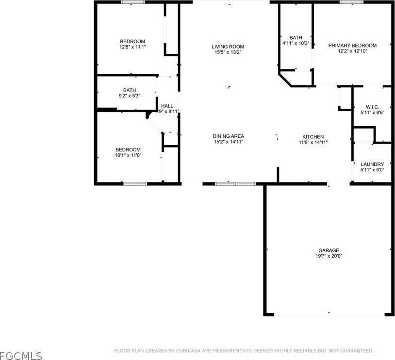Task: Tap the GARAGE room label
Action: [329, 250]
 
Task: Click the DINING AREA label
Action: [228, 136]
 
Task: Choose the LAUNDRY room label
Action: [372, 164]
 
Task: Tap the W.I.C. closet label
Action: [372, 107]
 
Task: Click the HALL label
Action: [167, 106]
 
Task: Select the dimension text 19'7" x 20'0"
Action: [329, 256]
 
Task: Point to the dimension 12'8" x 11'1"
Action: [132, 47]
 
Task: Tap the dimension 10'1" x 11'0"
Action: [128, 156]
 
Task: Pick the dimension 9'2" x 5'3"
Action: [130, 96]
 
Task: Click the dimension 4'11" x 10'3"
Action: [296, 43]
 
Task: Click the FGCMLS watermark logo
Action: [21, 356]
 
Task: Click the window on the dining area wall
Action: [235, 184]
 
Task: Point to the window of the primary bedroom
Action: [352, 2]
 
